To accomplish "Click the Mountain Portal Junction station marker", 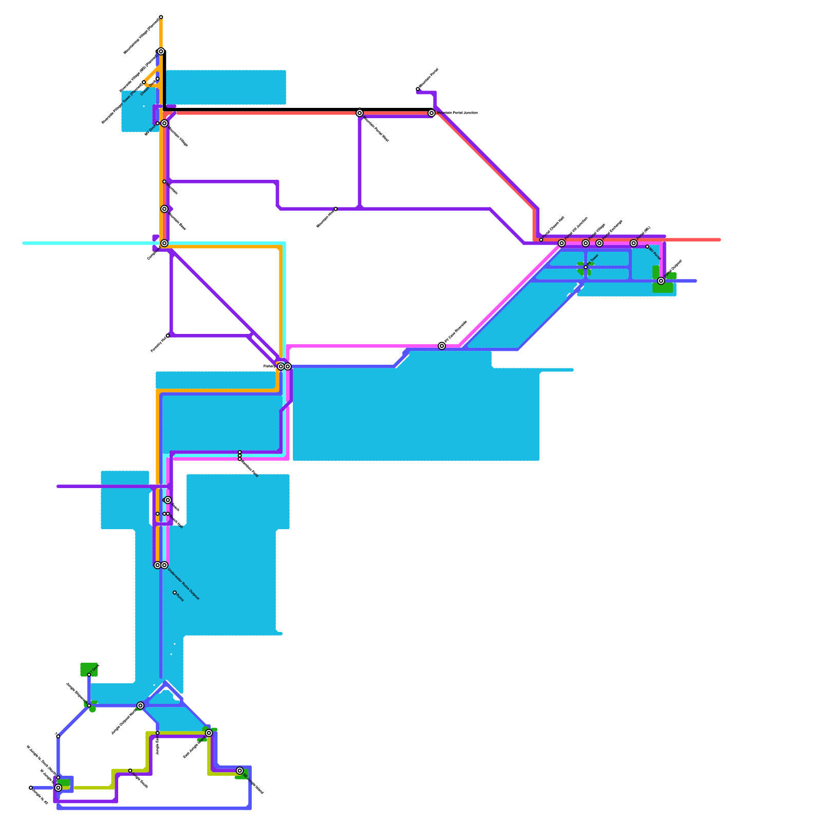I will click(x=432, y=113).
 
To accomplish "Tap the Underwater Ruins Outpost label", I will click(x=183, y=584).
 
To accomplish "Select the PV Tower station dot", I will click(x=586, y=267).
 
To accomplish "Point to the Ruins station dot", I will click(x=175, y=592).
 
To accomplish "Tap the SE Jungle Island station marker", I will click(x=239, y=771).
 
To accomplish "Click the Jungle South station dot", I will click(x=130, y=771).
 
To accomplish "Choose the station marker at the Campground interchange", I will click(x=164, y=243).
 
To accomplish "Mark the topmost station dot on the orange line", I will click(x=161, y=17).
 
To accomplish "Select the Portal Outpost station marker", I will click(x=661, y=281).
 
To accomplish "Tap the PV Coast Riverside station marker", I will click(x=442, y=346).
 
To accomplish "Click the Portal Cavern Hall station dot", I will click(x=541, y=239).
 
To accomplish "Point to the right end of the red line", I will click(x=719, y=239).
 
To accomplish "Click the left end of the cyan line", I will click(x=24, y=243).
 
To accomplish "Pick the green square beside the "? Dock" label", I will click(x=88, y=669).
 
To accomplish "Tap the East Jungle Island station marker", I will click(x=209, y=733).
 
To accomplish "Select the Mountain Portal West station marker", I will click(x=360, y=113).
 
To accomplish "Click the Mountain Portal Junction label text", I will click(x=457, y=113).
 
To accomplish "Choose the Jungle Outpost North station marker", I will click(x=140, y=705).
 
